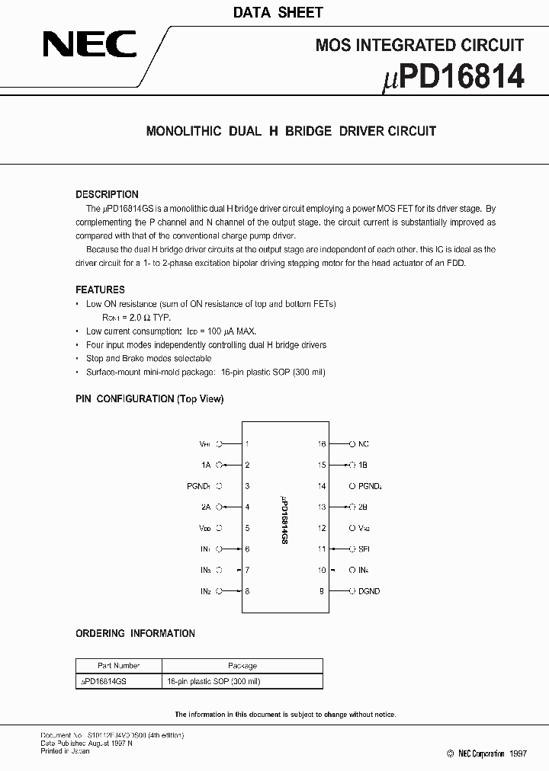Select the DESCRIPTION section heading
[x=107, y=194]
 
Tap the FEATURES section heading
[x=100, y=290]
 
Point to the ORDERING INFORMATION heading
[x=135, y=633]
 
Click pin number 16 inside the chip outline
[x=322, y=443]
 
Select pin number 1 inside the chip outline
[x=247, y=443]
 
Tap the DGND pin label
[x=369, y=591]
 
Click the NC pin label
[x=364, y=443]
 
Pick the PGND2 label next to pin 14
[x=370, y=486]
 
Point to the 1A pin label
[x=206, y=465]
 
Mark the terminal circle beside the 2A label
[x=220, y=507]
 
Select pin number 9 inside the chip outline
[x=322, y=591]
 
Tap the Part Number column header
[x=118, y=666]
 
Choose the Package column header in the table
[x=242, y=666]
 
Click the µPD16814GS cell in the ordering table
[x=104, y=681]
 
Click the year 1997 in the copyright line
[x=518, y=753]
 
